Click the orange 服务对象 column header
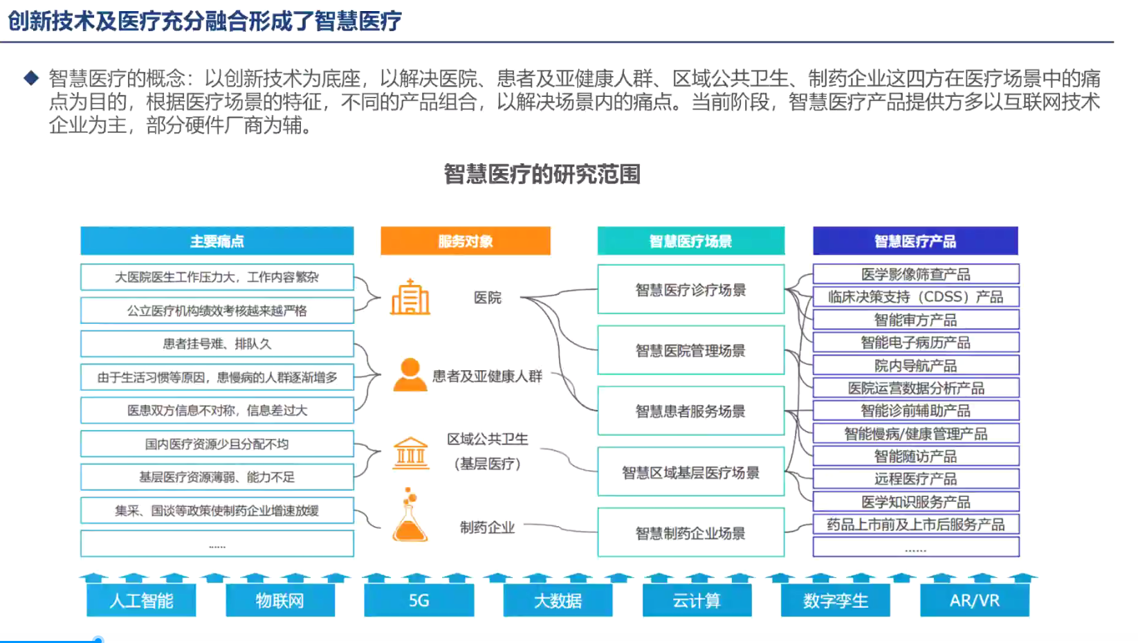click(x=465, y=241)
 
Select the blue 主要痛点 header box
click(x=217, y=241)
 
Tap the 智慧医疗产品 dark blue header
click(x=915, y=241)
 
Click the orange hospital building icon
click(x=410, y=298)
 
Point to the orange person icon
click(x=410, y=374)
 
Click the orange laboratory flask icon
click(x=410, y=516)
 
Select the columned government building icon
click(x=410, y=453)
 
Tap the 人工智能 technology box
click(x=141, y=600)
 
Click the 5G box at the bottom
click(x=419, y=600)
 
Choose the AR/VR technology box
click(x=974, y=600)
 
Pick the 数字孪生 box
click(x=835, y=600)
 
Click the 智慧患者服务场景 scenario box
click(x=690, y=411)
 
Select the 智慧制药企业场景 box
click(x=690, y=533)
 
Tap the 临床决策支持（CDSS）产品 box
click(x=915, y=297)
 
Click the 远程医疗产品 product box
click(x=915, y=479)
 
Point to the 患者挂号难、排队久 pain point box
click(x=217, y=344)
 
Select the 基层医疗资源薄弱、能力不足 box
click(x=217, y=477)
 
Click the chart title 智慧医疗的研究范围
click(x=542, y=174)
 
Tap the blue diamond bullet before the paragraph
click(x=31, y=78)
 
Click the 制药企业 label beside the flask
click(x=487, y=527)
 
